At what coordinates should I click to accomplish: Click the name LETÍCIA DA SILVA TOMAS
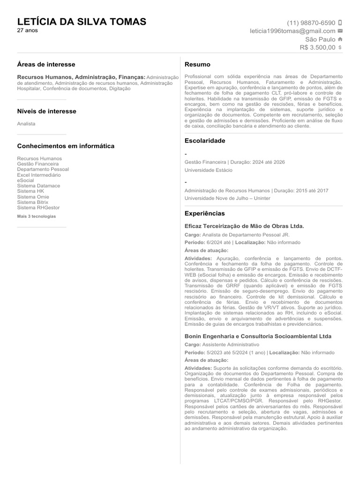click(82, 22)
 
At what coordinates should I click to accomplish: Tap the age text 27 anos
click(28, 30)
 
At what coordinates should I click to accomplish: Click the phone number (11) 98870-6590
click(311, 22)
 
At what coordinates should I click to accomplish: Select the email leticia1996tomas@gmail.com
click(292, 31)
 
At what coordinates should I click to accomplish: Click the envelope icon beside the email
click(340, 31)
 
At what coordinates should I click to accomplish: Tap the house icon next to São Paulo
click(340, 39)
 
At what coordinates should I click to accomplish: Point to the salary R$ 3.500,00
click(317, 47)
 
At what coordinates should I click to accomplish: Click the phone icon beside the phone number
click(340, 22)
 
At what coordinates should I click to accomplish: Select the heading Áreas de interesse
click(46, 64)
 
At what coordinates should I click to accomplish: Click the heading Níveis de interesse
click(46, 111)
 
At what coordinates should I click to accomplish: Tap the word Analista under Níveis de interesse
click(26, 124)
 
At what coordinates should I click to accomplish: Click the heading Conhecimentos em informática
click(66, 146)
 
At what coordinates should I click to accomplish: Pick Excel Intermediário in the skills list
click(39, 175)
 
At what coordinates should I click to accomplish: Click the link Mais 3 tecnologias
click(37, 216)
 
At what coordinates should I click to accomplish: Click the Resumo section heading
click(197, 64)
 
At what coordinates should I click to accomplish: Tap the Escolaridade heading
click(205, 141)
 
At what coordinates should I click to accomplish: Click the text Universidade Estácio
click(208, 170)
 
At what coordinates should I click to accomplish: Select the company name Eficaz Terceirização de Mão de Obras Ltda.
click(244, 226)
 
